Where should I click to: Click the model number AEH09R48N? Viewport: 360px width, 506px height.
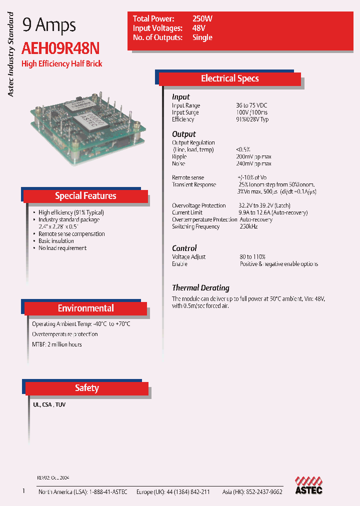[60, 48]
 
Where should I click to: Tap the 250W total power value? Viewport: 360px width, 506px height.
[202, 18]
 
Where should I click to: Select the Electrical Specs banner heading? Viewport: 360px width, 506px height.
[229, 78]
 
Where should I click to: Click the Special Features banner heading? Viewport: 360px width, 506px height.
[85, 196]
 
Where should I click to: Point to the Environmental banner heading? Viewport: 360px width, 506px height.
[85, 308]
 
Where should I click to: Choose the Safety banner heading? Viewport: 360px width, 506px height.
[87, 388]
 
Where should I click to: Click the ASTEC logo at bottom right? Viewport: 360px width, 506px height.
[308, 485]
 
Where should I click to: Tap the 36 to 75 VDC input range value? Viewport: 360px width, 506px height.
[251, 105]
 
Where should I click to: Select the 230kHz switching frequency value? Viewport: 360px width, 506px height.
[248, 226]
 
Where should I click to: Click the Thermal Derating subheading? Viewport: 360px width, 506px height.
[200, 288]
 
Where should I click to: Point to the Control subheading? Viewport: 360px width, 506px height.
[184, 248]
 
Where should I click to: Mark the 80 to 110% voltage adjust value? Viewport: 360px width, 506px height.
[252, 256]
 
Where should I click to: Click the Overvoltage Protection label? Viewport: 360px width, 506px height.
[199, 205]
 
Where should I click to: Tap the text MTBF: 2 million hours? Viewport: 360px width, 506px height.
[57, 344]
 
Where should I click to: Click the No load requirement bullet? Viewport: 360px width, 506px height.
[62, 248]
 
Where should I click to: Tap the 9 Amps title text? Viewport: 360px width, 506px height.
[49, 25]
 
